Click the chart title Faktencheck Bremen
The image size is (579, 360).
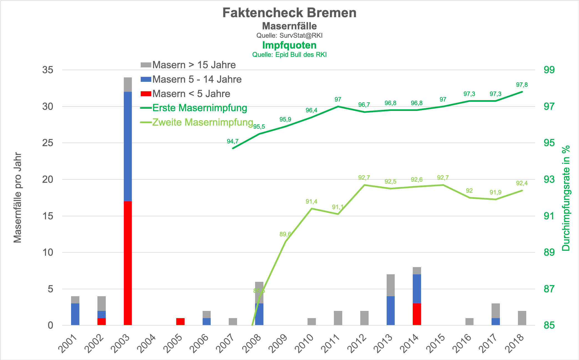(x=289, y=13)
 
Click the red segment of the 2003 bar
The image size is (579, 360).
(x=128, y=263)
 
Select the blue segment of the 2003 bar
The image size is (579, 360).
(x=128, y=146)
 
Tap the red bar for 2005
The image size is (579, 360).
(x=180, y=321)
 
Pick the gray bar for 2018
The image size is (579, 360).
(x=522, y=318)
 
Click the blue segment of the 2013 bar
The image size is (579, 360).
(x=391, y=311)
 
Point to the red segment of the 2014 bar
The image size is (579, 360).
(x=417, y=314)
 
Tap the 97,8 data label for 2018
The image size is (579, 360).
(x=522, y=85)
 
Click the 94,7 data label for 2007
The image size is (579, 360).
(x=233, y=141)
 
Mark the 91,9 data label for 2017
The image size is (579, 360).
(x=495, y=192)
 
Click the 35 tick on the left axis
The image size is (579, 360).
(x=48, y=70)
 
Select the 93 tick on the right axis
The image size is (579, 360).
(x=549, y=179)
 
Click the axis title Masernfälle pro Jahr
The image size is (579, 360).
(x=18, y=197)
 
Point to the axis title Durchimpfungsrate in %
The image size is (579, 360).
(x=566, y=198)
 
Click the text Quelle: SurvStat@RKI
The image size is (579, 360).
(x=289, y=36)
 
